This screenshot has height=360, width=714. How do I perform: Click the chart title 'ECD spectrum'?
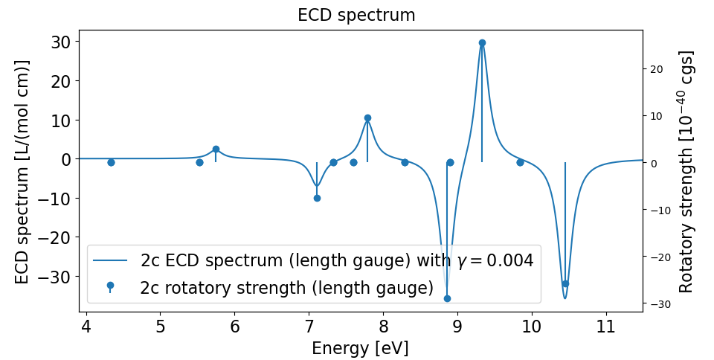click(x=356, y=15)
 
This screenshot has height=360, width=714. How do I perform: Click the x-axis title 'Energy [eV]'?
click(x=360, y=348)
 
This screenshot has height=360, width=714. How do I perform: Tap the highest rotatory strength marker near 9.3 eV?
click(x=482, y=42)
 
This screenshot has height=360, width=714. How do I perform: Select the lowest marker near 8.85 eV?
click(x=447, y=298)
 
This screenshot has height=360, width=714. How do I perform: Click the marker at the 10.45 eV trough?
click(x=565, y=283)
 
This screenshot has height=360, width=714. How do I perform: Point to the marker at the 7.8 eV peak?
click(x=367, y=118)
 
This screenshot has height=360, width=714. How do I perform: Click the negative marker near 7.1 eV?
click(x=317, y=198)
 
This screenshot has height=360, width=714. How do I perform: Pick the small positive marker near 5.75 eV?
click(x=216, y=149)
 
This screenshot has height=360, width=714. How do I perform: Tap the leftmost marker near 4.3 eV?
click(x=111, y=162)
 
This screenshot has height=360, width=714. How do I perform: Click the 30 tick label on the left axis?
click(x=60, y=42)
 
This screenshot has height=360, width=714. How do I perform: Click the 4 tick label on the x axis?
click(x=86, y=327)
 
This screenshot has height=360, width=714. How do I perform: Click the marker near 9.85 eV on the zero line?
click(x=520, y=162)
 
